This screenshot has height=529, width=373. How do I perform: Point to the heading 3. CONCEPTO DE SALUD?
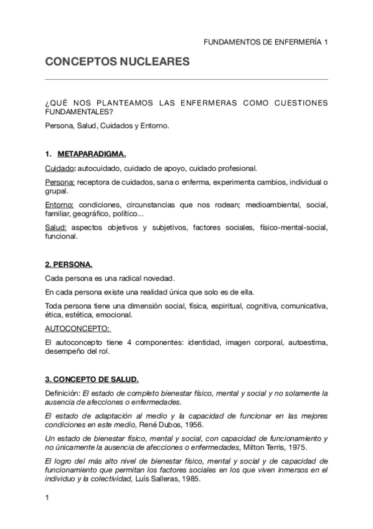point(92,379)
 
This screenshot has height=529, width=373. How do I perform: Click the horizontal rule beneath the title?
point(187,79)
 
